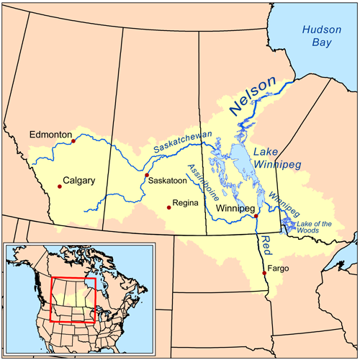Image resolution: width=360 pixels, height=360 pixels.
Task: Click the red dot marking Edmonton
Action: pyautogui.click(x=73, y=141)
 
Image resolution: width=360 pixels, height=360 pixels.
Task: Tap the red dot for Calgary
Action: pyautogui.click(x=60, y=186)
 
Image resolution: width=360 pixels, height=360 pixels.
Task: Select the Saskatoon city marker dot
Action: pyautogui.click(x=147, y=175)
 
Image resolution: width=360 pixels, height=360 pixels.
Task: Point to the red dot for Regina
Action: pyautogui.click(x=169, y=207)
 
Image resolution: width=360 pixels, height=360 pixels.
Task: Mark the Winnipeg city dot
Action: pyautogui.click(x=256, y=216)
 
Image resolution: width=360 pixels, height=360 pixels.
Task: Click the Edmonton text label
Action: pyautogui.click(x=50, y=135)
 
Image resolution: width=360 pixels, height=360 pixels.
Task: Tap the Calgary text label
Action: pyautogui.click(x=79, y=181)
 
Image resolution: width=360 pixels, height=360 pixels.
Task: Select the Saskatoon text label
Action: pyautogui.click(x=168, y=181)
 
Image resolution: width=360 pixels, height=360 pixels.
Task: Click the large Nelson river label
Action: pyautogui.click(x=253, y=97)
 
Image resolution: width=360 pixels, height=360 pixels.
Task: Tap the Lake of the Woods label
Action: pyautogui.click(x=315, y=228)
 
